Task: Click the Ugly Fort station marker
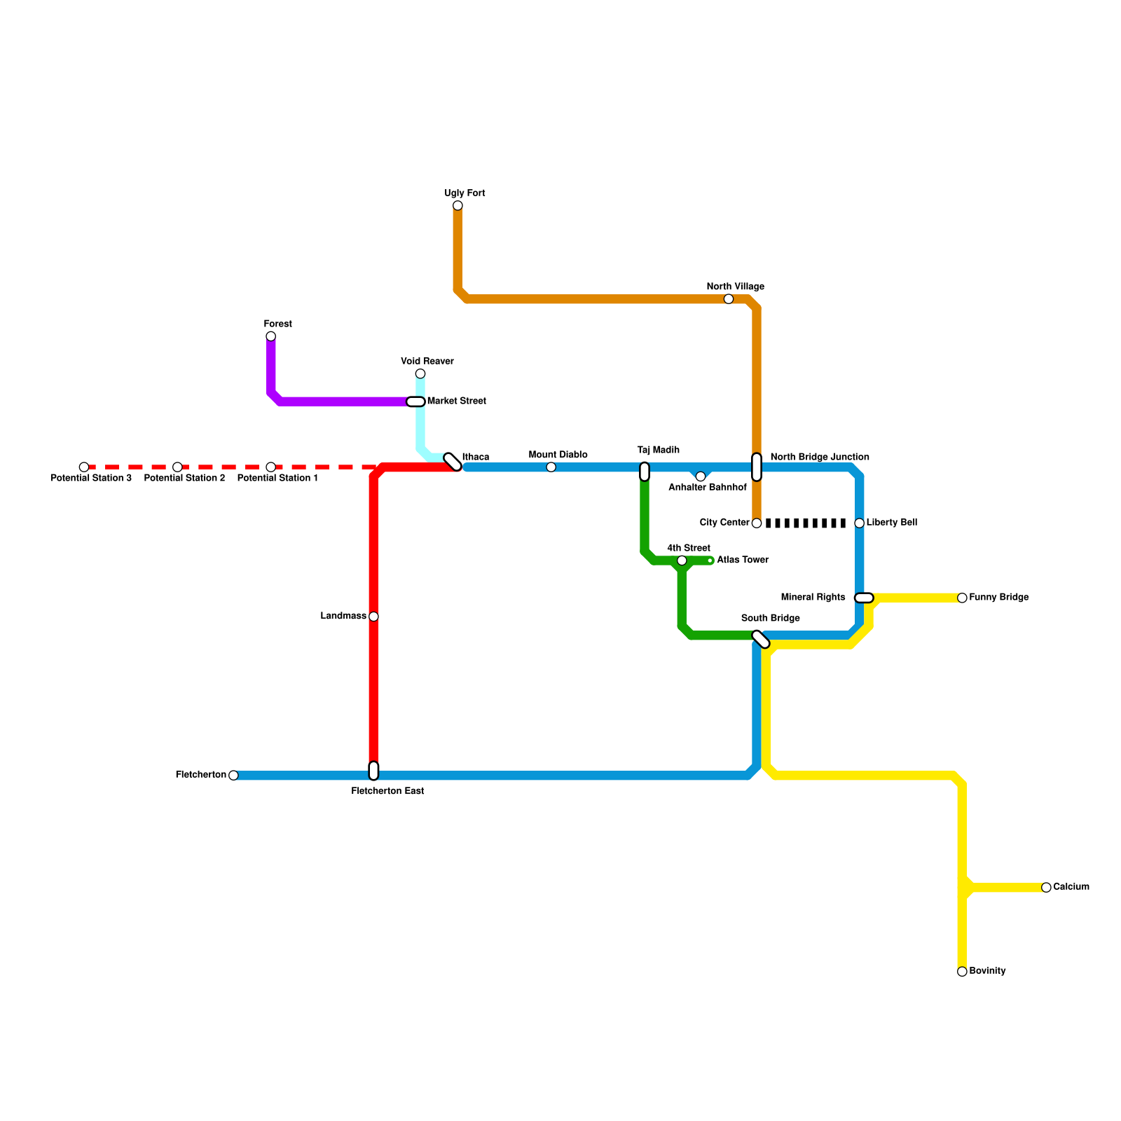pyautogui.click(x=458, y=205)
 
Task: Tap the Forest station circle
pyautogui.click(x=270, y=336)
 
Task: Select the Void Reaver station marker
pyautogui.click(x=420, y=373)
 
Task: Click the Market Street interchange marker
pyautogui.click(x=416, y=401)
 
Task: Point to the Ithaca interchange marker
pyautogui.click(x=453, y=462)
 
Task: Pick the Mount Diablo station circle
pyautogui.click(x=551, y=467)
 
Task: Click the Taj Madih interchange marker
pyautogui.click(x=645, y=472)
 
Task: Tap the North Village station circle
pyautogui.click(x=729, y=299)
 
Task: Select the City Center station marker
pyautogui.click(x=757, y=523)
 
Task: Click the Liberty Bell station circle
pyautogui.click(x=860, y=523)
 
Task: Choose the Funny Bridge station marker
pyautogui.click(x=962, y=598)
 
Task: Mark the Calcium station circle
pyautogui.click(x=1046, y=888)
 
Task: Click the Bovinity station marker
pyautogui.click(x=962, y=972)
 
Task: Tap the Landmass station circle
pyautogui.click(x=373, y=617)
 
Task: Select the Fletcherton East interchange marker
pyautogui.click(x=373, y=771)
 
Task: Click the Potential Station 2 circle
pyautogui.click(x=177, y=467)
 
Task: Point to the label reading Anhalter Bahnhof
pyautogui.click(x=708, y=488)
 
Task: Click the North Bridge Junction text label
pyautogui.click(x=820, y=458)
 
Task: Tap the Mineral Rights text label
pyautogui.click(x=813, y=598)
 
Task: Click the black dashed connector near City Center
pyautogui.click(x=806, y=523)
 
